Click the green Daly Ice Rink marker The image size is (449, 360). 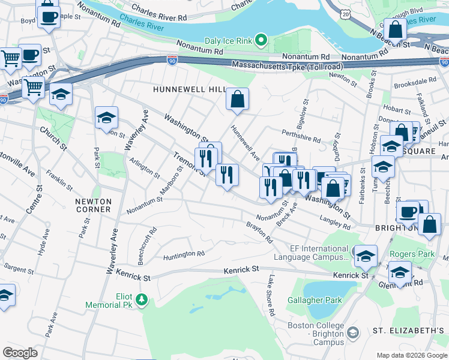(261, 41)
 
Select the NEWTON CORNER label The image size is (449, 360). (93, 205)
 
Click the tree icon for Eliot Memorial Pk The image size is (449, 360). (142, 298)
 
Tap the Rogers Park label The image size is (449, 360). (411, 254)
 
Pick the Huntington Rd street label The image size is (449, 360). (184, 255)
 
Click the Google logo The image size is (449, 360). (20, 352)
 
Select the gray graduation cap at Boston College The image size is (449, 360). (354, 331)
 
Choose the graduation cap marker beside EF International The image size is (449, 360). (366, 256)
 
